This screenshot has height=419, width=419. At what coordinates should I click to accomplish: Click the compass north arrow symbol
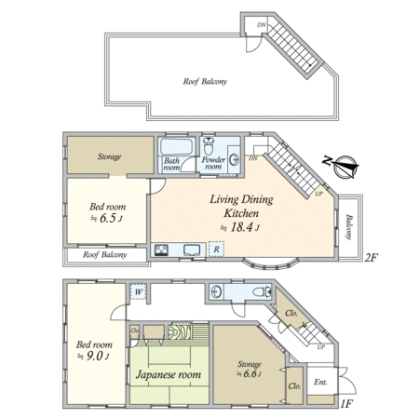(345, 167)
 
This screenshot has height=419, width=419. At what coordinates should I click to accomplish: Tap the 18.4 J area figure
(239, 228)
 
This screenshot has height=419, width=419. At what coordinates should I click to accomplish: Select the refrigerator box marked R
(216, 249)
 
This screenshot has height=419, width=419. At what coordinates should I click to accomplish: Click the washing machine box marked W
(138, 291)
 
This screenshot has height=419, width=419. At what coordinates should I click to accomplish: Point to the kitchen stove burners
(161, 250)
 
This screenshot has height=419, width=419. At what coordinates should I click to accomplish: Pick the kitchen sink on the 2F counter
(192, 250)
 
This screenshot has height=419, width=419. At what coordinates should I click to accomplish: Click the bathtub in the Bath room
(176, 146)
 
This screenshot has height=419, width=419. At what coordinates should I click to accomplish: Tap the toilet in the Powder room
(209, 145)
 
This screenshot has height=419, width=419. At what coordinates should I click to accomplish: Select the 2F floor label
(371, 258)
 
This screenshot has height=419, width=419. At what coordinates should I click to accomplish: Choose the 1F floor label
(346, 404)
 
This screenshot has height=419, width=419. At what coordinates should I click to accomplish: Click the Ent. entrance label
(320, 382)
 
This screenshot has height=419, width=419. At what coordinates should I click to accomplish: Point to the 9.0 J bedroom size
(93, 357)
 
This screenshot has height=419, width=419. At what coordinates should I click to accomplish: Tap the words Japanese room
(169, 374)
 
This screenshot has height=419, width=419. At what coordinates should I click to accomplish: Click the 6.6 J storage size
(250, 373)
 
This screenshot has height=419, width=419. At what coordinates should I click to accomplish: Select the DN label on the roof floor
(262, 25)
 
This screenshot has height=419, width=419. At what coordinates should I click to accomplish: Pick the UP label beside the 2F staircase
(319, 194)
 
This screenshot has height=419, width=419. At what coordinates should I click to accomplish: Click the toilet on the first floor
(261, 291)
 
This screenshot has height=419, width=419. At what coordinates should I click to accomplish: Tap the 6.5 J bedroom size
(106, 219)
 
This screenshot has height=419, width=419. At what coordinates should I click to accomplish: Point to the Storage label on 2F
(109, 156)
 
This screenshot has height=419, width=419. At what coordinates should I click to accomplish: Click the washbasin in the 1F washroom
(215, 291)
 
